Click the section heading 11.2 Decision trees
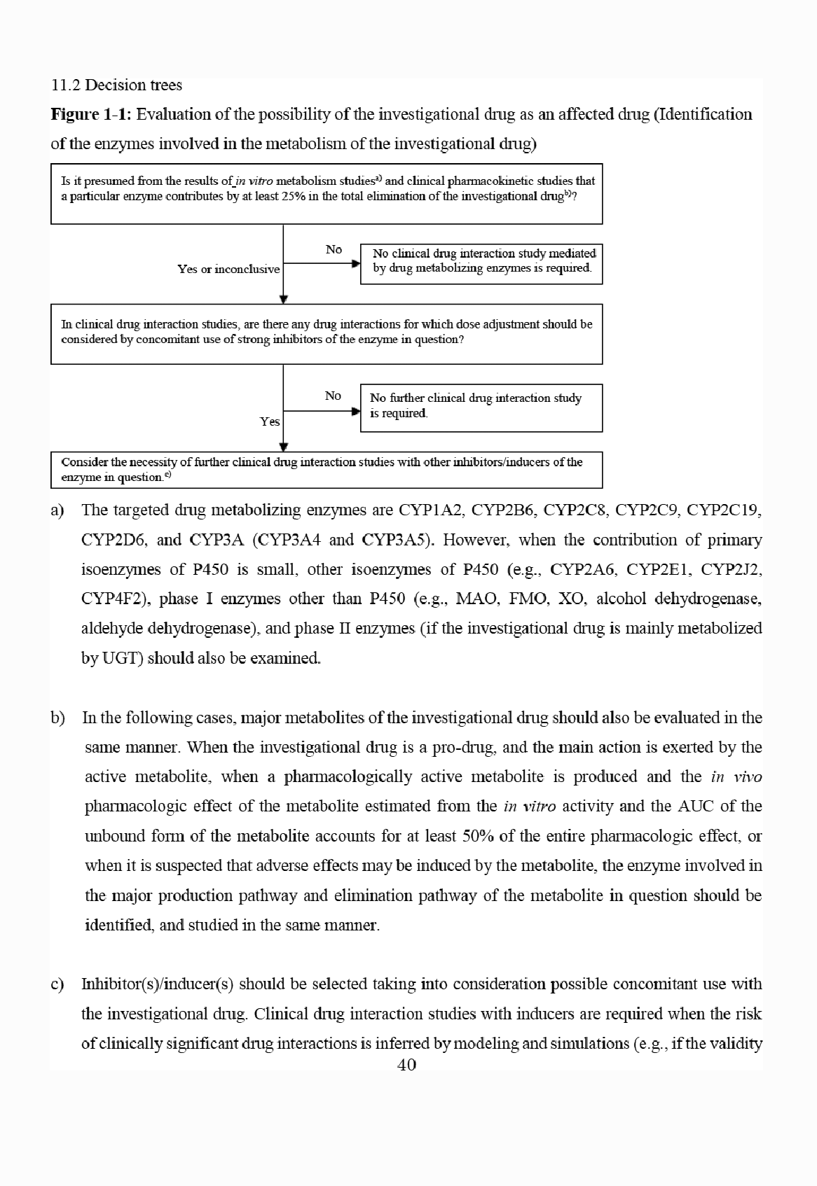click(116, 85)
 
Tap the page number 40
click(406, 1065)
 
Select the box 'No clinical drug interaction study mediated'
click(481, 264)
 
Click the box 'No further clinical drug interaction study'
click(481, 408)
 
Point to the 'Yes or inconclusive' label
click(228, 270)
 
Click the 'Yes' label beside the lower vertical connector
click(270, 421)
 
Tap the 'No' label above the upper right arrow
click(334, 249)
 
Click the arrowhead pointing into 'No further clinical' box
click(356, 412)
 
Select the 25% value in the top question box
click(291, 196)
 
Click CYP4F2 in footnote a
click(113, 599)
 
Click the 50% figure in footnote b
click(479, 836)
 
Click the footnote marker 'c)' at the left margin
click(57, 984)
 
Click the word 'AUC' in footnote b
click(696, 807)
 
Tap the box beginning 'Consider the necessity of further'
click(327, 470)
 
